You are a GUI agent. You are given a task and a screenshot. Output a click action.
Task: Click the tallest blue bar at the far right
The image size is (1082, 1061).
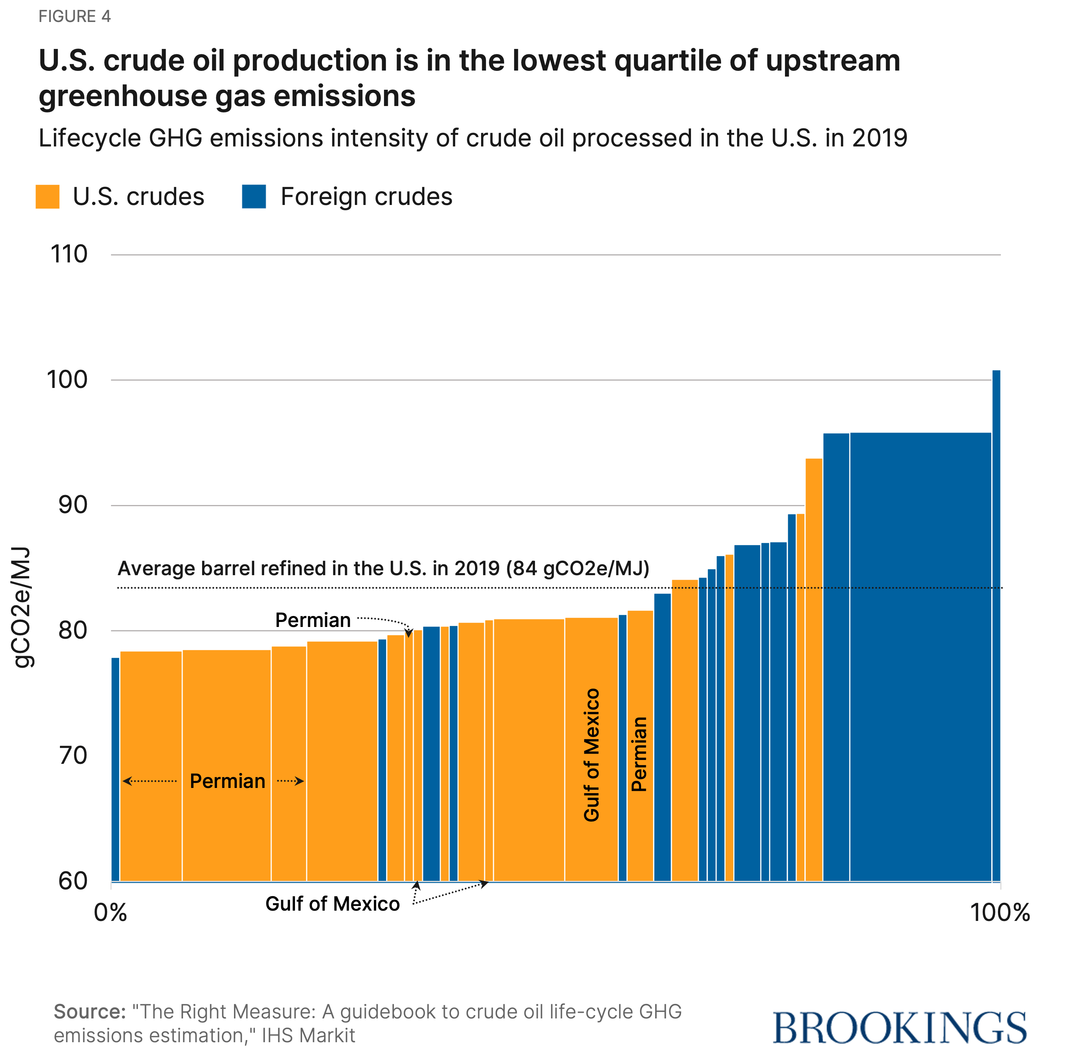coord(996,624)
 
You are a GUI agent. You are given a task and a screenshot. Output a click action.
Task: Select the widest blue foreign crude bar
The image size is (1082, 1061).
coord(920,657)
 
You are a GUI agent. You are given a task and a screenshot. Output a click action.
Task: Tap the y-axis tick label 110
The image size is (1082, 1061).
coord(69,255)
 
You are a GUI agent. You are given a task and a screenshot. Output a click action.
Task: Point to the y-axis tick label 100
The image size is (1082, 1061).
coord(67,380)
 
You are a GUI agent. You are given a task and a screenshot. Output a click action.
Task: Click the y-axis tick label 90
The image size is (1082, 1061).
coord(73,505)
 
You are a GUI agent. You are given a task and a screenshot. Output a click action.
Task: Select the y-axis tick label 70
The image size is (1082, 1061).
coord(73,756)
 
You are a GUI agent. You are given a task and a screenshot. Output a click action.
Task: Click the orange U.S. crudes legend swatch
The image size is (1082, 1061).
coord(48,197)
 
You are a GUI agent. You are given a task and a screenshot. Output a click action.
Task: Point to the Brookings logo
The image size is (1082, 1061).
coord(899,1028)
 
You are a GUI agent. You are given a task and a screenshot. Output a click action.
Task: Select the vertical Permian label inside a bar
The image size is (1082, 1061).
coord(639,754)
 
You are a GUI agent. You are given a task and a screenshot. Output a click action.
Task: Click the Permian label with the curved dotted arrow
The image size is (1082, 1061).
coord(313,620)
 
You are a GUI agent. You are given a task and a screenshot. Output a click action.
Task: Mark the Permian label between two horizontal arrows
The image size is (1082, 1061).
coord(227,781)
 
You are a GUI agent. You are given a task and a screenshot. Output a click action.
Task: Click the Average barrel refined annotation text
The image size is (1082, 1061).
coord(383,568)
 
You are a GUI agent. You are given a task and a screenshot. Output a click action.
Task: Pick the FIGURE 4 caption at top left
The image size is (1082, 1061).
coord(75,16)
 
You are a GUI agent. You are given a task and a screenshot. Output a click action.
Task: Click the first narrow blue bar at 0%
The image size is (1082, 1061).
coord(115,769)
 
